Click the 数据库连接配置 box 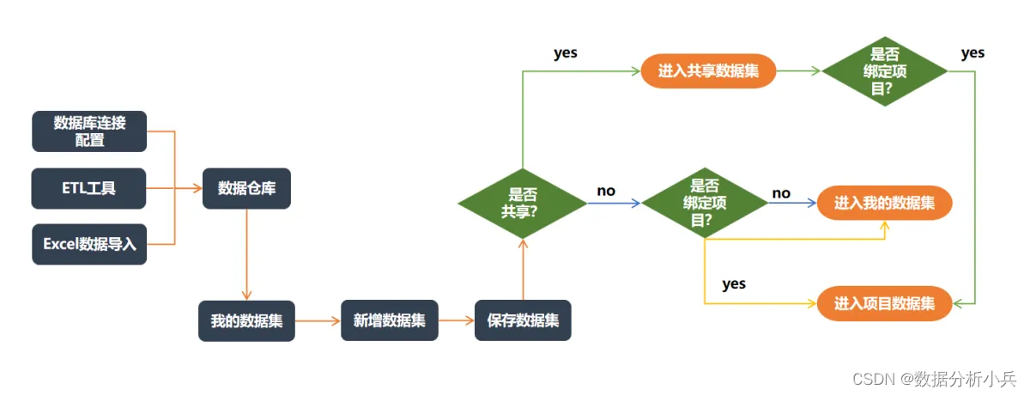[x=89, y=131]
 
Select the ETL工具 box [x=89, y=188]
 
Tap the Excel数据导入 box [x=89, y=244]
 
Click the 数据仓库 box [x=246, y=188]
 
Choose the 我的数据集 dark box [x=246, y=320]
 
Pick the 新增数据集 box [x=390, y=320]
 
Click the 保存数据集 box [x=523, y=320]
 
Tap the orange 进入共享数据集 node [x=708, y=71]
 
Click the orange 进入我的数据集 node [x=884, y=203]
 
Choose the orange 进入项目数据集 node [x=884, y=303]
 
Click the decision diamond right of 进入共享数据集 [x=884, y=72]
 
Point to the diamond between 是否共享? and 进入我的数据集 [x=704, y=203]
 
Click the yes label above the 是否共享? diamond [x=566, y=53]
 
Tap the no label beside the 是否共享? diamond [x=606, y=191]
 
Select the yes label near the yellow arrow [x=734, y=283]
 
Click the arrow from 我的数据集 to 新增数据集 [x=318, y=320]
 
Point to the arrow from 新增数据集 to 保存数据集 [x=457, y=320]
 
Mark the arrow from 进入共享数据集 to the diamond [x=798, y=72]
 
